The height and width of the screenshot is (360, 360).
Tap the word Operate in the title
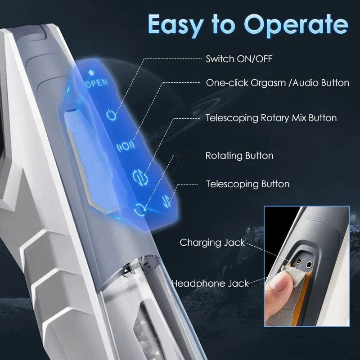pos(297,24)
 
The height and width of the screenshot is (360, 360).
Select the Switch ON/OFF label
pos(233,58)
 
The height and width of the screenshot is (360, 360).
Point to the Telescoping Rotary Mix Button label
pos(271,118)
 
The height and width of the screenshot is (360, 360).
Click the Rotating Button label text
pos(239,156)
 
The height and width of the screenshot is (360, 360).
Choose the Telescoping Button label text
pos(247,184)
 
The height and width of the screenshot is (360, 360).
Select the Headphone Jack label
pos(210,283)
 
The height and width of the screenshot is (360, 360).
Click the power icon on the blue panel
pos(112,115)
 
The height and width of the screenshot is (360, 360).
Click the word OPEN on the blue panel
pos(96,82)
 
